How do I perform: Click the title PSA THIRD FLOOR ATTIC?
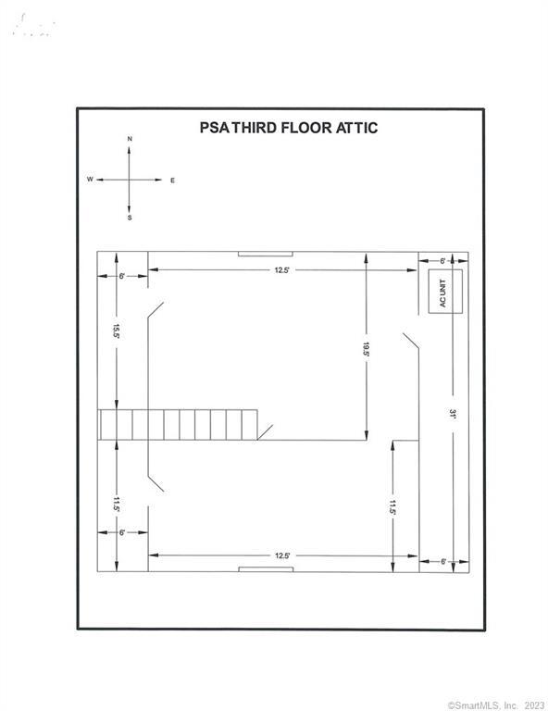(289, 128)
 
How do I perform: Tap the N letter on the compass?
(130, 139)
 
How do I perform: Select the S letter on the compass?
(130, 218)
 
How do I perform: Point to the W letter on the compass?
(90, 180)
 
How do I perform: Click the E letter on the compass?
(172, 181)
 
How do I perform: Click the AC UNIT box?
(445, 291)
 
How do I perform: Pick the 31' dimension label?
(453, 414)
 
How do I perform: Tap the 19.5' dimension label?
(366, 349)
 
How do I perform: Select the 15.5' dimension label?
(116, 331)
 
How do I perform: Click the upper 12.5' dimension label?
(281, 270)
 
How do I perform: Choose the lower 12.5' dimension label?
(282, 555)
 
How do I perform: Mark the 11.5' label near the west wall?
(117, 505)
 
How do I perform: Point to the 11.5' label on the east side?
(392, 507)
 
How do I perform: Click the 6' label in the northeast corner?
(442, 261)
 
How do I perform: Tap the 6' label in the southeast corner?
(443, 562)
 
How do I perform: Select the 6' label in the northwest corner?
(122, 276)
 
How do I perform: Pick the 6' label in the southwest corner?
(122, 533)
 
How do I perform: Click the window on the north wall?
(266, 254)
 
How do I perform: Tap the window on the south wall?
(266, 569)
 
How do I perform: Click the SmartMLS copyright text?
(496, 705)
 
